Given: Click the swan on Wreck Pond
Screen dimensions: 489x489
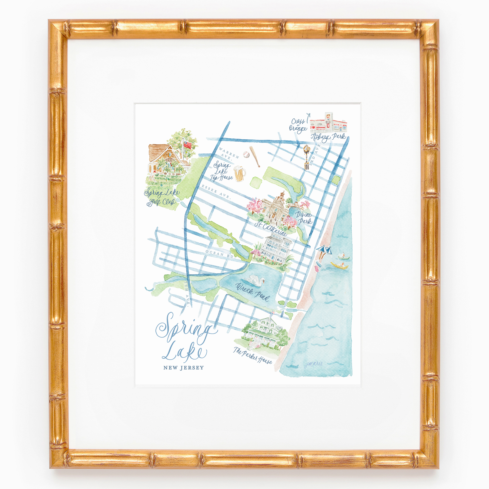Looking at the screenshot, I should click(x=256, y=280).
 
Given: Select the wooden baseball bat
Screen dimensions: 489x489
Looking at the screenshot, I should click(x=255, y=156).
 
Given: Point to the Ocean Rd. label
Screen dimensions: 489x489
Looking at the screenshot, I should click(x=218, y=253).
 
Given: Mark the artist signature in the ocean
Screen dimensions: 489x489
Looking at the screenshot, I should click(x=314, y=365).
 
